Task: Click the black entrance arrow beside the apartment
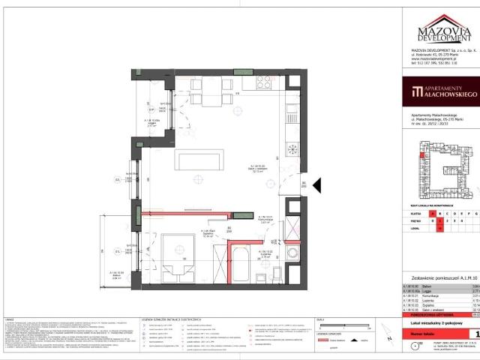(317, 184)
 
